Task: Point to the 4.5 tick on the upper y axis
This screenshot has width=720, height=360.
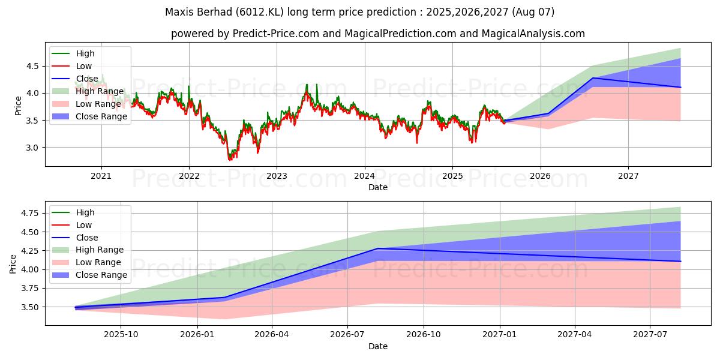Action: [x=34, y=66]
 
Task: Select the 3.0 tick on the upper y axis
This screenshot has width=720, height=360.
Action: [x=34, y=148]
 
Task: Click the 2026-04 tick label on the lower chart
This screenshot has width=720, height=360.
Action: [x=272, y=334]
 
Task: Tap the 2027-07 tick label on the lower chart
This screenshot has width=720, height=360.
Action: [x=650, y=334]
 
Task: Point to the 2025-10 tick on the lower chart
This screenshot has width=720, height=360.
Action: [x=121, y=334]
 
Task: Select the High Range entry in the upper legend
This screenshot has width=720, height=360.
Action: [x=100, y=91]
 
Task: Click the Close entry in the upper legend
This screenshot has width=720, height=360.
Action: [x=87, y=79]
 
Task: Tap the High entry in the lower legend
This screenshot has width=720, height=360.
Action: [x=85, y=212]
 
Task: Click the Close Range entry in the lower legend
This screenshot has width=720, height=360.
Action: [x=101, y=275]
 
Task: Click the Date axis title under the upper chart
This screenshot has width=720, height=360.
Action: [x=378, y=187]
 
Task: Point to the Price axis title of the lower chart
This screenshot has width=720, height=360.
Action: [x=13, y=264]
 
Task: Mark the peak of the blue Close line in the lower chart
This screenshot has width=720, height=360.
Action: [x=377, y=248]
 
